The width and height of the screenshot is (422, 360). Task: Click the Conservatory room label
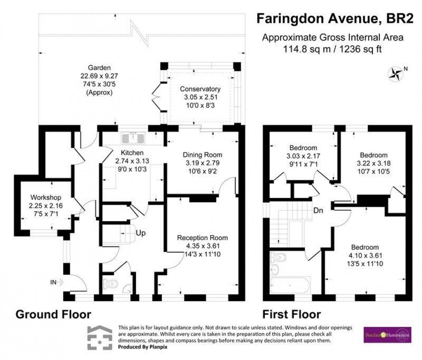(200, 89)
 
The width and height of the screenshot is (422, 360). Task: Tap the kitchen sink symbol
(135, 138)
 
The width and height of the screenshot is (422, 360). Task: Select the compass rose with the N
(394, 74)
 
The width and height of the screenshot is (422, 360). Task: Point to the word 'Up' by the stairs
(140, 233)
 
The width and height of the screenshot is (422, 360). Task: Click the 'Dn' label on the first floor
(318, 211)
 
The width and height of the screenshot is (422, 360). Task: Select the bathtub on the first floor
(289, 285)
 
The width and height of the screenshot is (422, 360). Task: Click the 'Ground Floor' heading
(53, 314)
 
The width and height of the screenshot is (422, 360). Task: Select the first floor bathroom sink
(275, 269)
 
